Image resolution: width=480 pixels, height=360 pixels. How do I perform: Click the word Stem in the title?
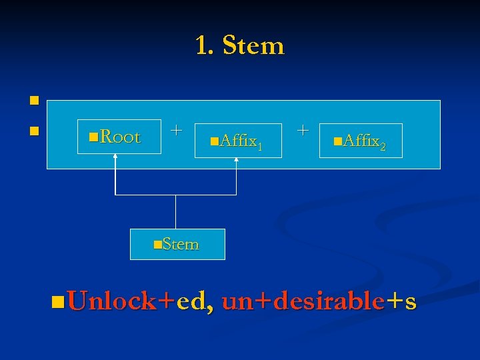253,46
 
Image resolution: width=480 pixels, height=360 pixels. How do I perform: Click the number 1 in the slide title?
201,46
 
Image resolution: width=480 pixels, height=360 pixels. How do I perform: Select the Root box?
119,137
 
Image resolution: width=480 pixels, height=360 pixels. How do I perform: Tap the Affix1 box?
237,141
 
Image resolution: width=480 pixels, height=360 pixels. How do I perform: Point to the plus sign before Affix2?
303,129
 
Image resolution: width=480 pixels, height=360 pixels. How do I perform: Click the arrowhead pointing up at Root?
115,157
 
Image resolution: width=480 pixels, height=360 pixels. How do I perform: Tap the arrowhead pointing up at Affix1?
237,161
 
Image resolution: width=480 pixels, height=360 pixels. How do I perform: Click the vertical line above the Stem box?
176,212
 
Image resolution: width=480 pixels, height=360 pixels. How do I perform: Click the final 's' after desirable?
411,302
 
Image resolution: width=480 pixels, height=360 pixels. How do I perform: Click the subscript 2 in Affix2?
383,146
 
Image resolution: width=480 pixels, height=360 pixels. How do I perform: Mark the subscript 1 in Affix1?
259,146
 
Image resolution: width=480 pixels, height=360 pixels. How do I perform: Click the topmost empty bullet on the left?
32,101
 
